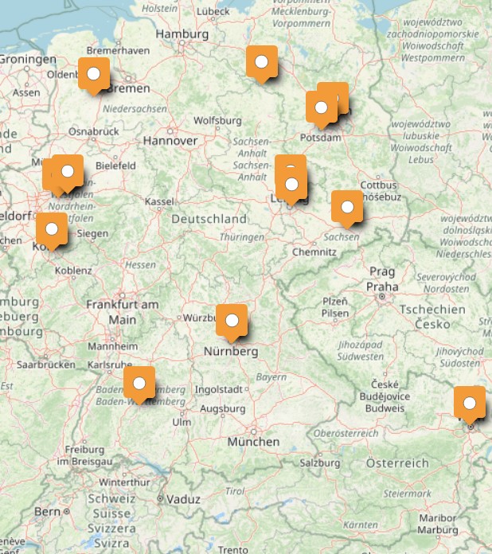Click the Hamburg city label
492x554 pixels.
(182, 34)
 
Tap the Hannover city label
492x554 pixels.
(170, 140)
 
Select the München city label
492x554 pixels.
(252, 442)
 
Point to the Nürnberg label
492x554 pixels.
(230, 351)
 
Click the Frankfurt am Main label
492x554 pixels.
(123, 311)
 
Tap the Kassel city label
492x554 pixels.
(159, 201)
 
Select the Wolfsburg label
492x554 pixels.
(217, 121)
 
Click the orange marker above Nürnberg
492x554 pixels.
(232, 321)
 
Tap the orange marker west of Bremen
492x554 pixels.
(94, 74)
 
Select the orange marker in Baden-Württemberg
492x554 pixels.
(139, 383)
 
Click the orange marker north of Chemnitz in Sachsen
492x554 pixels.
(346, 207)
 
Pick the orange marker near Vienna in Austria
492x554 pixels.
(469, 403)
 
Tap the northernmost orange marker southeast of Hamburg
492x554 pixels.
(261, 62)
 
